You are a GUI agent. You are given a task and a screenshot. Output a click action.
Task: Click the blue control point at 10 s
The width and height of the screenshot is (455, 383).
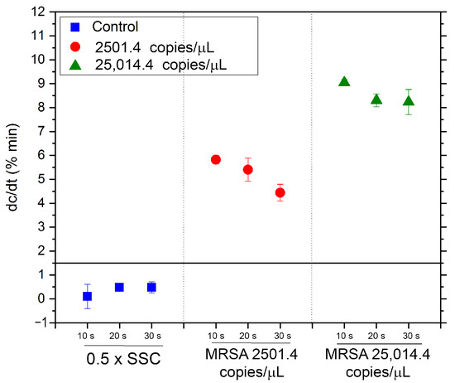[x=87, y=296]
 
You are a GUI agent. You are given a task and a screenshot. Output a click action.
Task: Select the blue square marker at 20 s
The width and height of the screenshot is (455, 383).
[x=119, y=287]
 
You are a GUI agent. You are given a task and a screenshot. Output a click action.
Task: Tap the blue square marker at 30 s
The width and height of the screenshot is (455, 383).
[x=151, y=287]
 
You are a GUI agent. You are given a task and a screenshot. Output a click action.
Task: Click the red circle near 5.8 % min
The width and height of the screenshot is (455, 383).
[x=216, y=159]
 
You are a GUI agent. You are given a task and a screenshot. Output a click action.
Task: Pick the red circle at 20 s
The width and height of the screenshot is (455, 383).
[x=247, y=169]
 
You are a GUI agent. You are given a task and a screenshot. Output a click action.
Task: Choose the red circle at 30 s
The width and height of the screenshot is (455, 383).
[x=280, y=192]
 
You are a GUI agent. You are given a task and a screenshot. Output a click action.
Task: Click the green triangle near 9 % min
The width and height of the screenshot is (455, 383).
[x=344, y=81]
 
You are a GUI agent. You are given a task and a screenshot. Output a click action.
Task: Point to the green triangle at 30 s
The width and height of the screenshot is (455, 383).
[x=408, y=101]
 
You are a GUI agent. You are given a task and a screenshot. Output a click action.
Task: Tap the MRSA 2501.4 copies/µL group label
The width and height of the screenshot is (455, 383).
[x=247, y=365]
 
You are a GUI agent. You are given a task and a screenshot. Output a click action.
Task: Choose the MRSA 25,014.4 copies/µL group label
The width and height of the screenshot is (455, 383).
[x=376, y=365]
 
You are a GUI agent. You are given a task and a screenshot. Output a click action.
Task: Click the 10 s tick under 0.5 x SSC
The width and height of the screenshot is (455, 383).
[x=87, y=336]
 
